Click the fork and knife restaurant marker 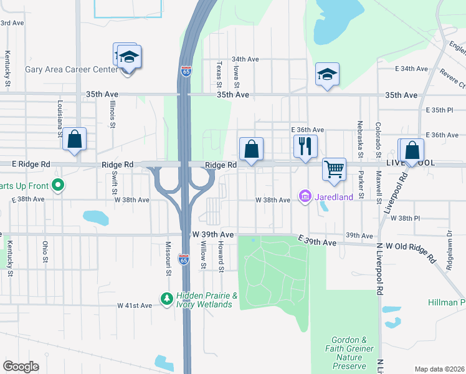click(305, 147)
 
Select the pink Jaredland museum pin click(305, 197)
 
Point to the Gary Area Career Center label click(71, 69)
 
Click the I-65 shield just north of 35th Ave click(186, 72)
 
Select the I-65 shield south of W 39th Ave click(184, 258)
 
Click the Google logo click(21, 367)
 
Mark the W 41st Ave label click(135, 305)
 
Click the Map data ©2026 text click(439, 369)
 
